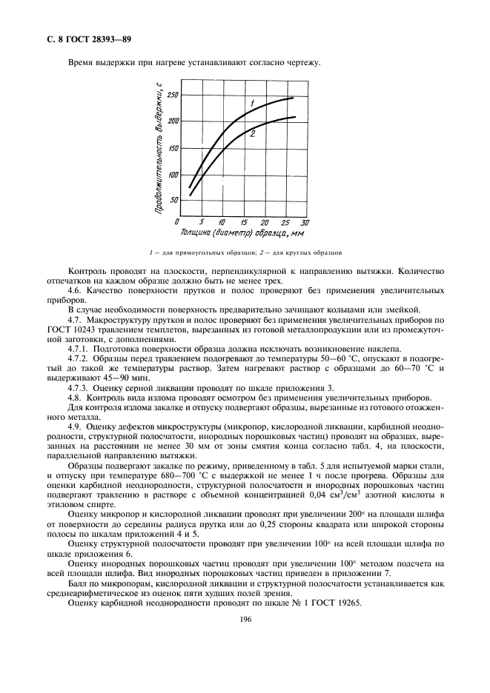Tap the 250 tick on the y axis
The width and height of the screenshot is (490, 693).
click(173, 95)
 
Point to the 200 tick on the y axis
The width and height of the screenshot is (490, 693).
click(173, 121)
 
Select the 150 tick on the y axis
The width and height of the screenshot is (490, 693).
click(173, 148)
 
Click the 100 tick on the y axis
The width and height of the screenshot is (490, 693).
click(173, 175)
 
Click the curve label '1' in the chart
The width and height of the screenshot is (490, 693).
click(252, 102)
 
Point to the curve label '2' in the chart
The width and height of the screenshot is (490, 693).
click(253, 133)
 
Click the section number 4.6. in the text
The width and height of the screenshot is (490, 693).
click(76, 290)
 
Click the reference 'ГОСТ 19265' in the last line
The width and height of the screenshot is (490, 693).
click(337, 603)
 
